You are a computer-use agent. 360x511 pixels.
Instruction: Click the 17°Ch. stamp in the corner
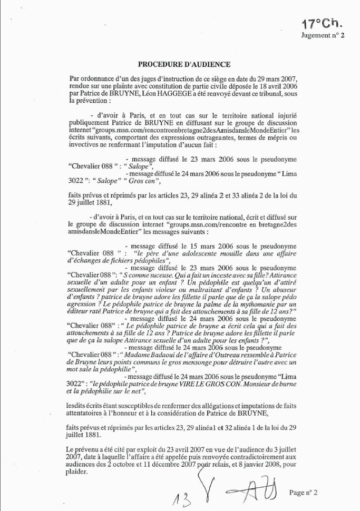click(323, 24)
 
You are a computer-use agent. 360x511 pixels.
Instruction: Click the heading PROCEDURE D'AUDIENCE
click(184, 64)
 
